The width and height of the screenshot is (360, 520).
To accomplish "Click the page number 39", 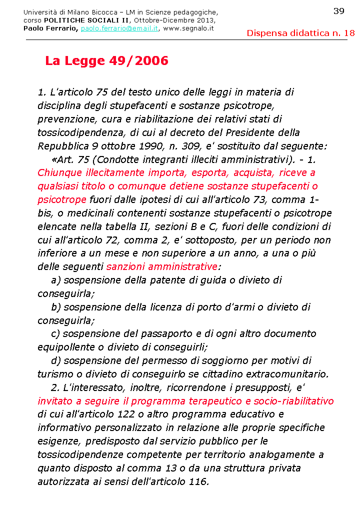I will click(338, 11).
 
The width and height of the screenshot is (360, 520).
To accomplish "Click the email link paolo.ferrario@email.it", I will click(119, 28).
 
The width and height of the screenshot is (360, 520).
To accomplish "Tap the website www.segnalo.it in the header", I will click(188, 28).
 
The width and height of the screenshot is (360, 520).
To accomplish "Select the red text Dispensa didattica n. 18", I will click(300, 33).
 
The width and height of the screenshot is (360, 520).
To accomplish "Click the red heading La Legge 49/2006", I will click(106, 61).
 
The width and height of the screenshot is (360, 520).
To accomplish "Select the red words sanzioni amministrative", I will click(162, 266).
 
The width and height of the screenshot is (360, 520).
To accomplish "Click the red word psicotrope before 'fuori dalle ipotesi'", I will click(62, 199).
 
